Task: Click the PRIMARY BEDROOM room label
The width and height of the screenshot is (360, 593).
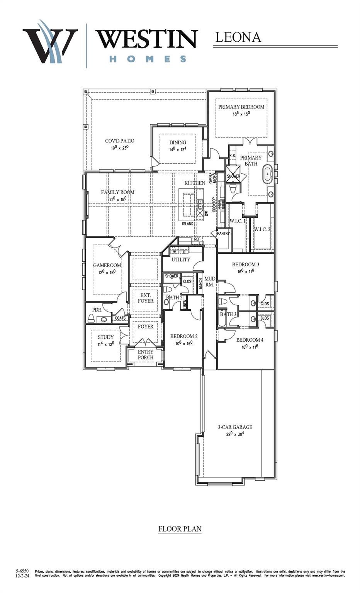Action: pyautogui.click(x=241, y=107)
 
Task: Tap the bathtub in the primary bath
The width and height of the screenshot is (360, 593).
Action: pyautogui.click(x=267, y=174)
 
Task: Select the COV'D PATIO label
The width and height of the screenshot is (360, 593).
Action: pyautogui.click(x=120, y=141)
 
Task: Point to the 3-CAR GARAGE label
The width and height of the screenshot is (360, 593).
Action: pyautogui.click(x=235, y=427)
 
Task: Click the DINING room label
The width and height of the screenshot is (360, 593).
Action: pyautogui.click(x=178, y=142)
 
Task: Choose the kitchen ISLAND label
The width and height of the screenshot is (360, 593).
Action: pyautogui.click(x=188, y=224)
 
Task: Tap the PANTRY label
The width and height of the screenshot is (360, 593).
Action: pyautogui.click(x=223, y=234)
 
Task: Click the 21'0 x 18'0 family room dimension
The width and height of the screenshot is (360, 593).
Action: pyautogui.click(x=118, y=199)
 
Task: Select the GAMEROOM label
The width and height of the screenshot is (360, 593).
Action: pyautogui.click(x=107, y=265)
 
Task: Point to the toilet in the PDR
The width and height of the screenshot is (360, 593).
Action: pyautogui.click(x=91, y=318)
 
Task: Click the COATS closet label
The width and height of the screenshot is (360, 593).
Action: pyautogui.click(x=120, y=318)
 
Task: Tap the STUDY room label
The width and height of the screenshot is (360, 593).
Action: pyautogui.click(x=105, y=337)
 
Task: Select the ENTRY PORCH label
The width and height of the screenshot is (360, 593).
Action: pyautogui.click(x=146, y=354)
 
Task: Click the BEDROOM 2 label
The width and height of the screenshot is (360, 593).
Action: pyautogui.click(x=184, y=336)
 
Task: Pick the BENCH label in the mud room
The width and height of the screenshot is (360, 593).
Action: pyautogui.click(x=200, y=284)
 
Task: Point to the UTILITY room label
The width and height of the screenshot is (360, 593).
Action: pyautogui.click(x=181, y=259)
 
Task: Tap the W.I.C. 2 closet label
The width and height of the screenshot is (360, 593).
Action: pyautogui.click(x=262, y=229)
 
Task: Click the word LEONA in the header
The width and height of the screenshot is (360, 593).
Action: pyautogui.click(x=238, y=37)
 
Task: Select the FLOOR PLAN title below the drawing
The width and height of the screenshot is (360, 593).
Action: pyautogui.click(x=180, y=529)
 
